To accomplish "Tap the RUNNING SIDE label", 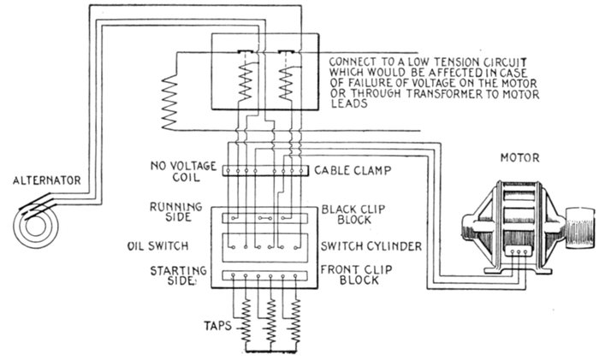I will point(178,212).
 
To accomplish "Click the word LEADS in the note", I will point(347,107).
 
